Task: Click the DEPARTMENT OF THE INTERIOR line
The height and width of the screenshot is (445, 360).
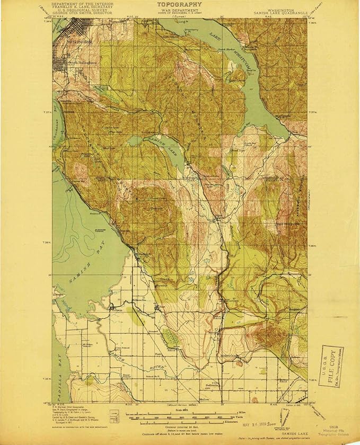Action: (80, 3)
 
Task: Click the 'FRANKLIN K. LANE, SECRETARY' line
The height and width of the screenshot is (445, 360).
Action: (80, 7)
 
